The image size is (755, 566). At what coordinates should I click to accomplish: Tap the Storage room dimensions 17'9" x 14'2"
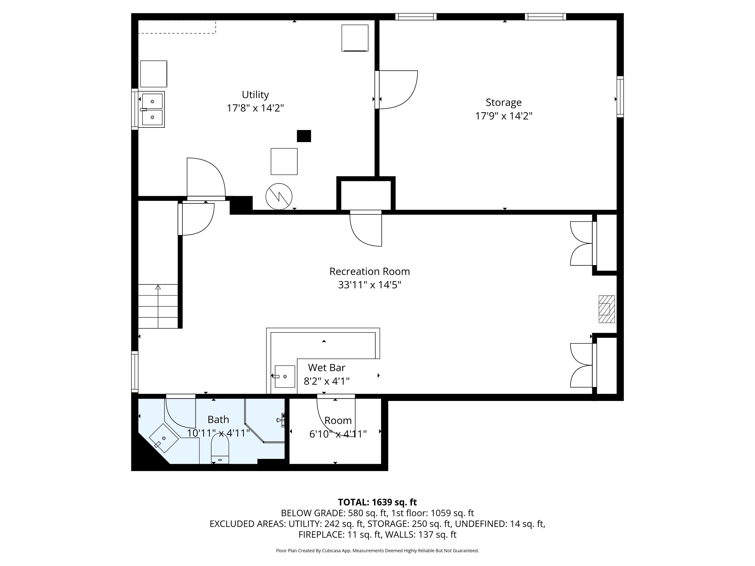coord(504,116)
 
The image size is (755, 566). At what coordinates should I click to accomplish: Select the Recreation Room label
coord(370,272)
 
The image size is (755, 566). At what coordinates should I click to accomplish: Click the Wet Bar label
coord(327,368)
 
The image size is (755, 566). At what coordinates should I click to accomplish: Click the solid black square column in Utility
coord(304,136)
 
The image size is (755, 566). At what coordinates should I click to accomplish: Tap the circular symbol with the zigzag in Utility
coord(279,197)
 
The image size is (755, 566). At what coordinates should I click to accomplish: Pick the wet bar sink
coord(285,376)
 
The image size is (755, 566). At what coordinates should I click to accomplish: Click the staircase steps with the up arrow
coord(158,306)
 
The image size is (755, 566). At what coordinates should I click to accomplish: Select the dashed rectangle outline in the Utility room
coord(177,27)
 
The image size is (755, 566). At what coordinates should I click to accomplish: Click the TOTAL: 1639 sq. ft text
coord(377,502)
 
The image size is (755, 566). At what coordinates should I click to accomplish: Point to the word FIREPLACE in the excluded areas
coord(321,535)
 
